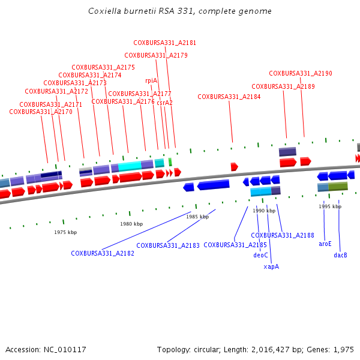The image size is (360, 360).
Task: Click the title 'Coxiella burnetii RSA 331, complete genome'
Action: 179,11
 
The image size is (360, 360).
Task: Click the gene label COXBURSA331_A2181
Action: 164,43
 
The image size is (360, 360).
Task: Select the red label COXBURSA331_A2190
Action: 300,73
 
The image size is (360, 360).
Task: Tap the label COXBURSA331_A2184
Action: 229,97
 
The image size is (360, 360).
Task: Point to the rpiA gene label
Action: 151,80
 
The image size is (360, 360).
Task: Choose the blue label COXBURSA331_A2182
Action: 103,254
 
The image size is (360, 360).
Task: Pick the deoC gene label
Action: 260,255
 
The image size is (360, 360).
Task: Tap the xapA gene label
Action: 271,266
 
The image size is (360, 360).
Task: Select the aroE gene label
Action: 325,244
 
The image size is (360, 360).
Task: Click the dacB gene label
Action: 340,255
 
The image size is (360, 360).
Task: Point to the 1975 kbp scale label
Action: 65,232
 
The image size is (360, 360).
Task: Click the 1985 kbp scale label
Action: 197,217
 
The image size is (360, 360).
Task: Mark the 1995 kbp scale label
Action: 330,206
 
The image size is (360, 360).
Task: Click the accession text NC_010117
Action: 46,349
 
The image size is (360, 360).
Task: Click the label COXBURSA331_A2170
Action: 41,112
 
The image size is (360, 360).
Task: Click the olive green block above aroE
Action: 338,187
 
